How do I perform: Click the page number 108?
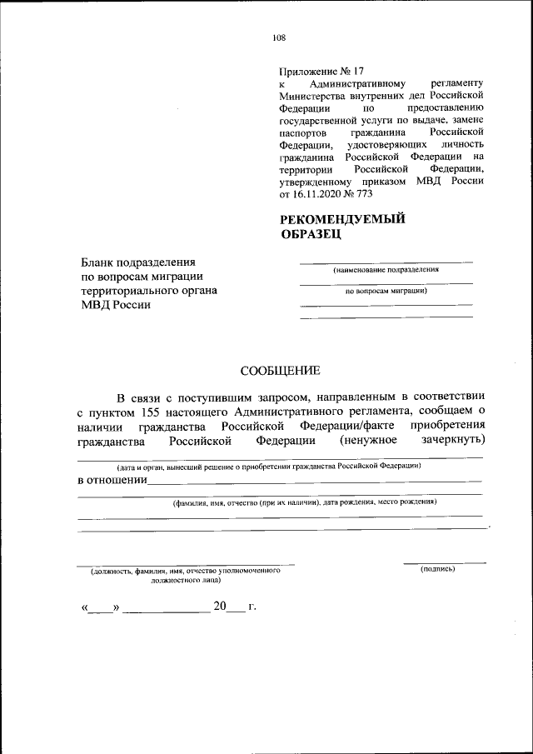coord(279,37)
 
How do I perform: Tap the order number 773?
coord(362,194)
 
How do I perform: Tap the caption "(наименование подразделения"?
coord(386,270)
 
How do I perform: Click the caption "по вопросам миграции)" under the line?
coord(386,292)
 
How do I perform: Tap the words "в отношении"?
coord(112,481)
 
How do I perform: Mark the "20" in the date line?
coord(220,606)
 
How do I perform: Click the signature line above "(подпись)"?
coord(445,562)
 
